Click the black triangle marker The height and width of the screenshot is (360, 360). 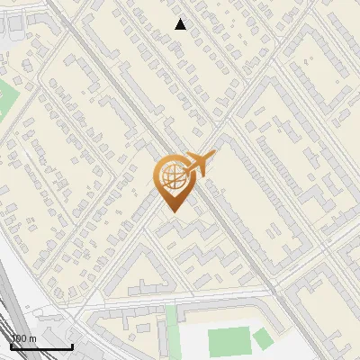pos(181,24)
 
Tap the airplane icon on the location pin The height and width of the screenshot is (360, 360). pos(197,164)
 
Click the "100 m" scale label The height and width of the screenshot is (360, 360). pos(23,338)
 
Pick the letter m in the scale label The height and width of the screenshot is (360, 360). pos(32,338)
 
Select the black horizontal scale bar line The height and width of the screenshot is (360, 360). pos(41,346)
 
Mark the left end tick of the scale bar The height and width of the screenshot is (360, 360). pos(12,345)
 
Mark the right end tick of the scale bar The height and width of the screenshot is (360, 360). pos(72,345)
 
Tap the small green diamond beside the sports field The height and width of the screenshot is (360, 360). pos(262,338)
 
